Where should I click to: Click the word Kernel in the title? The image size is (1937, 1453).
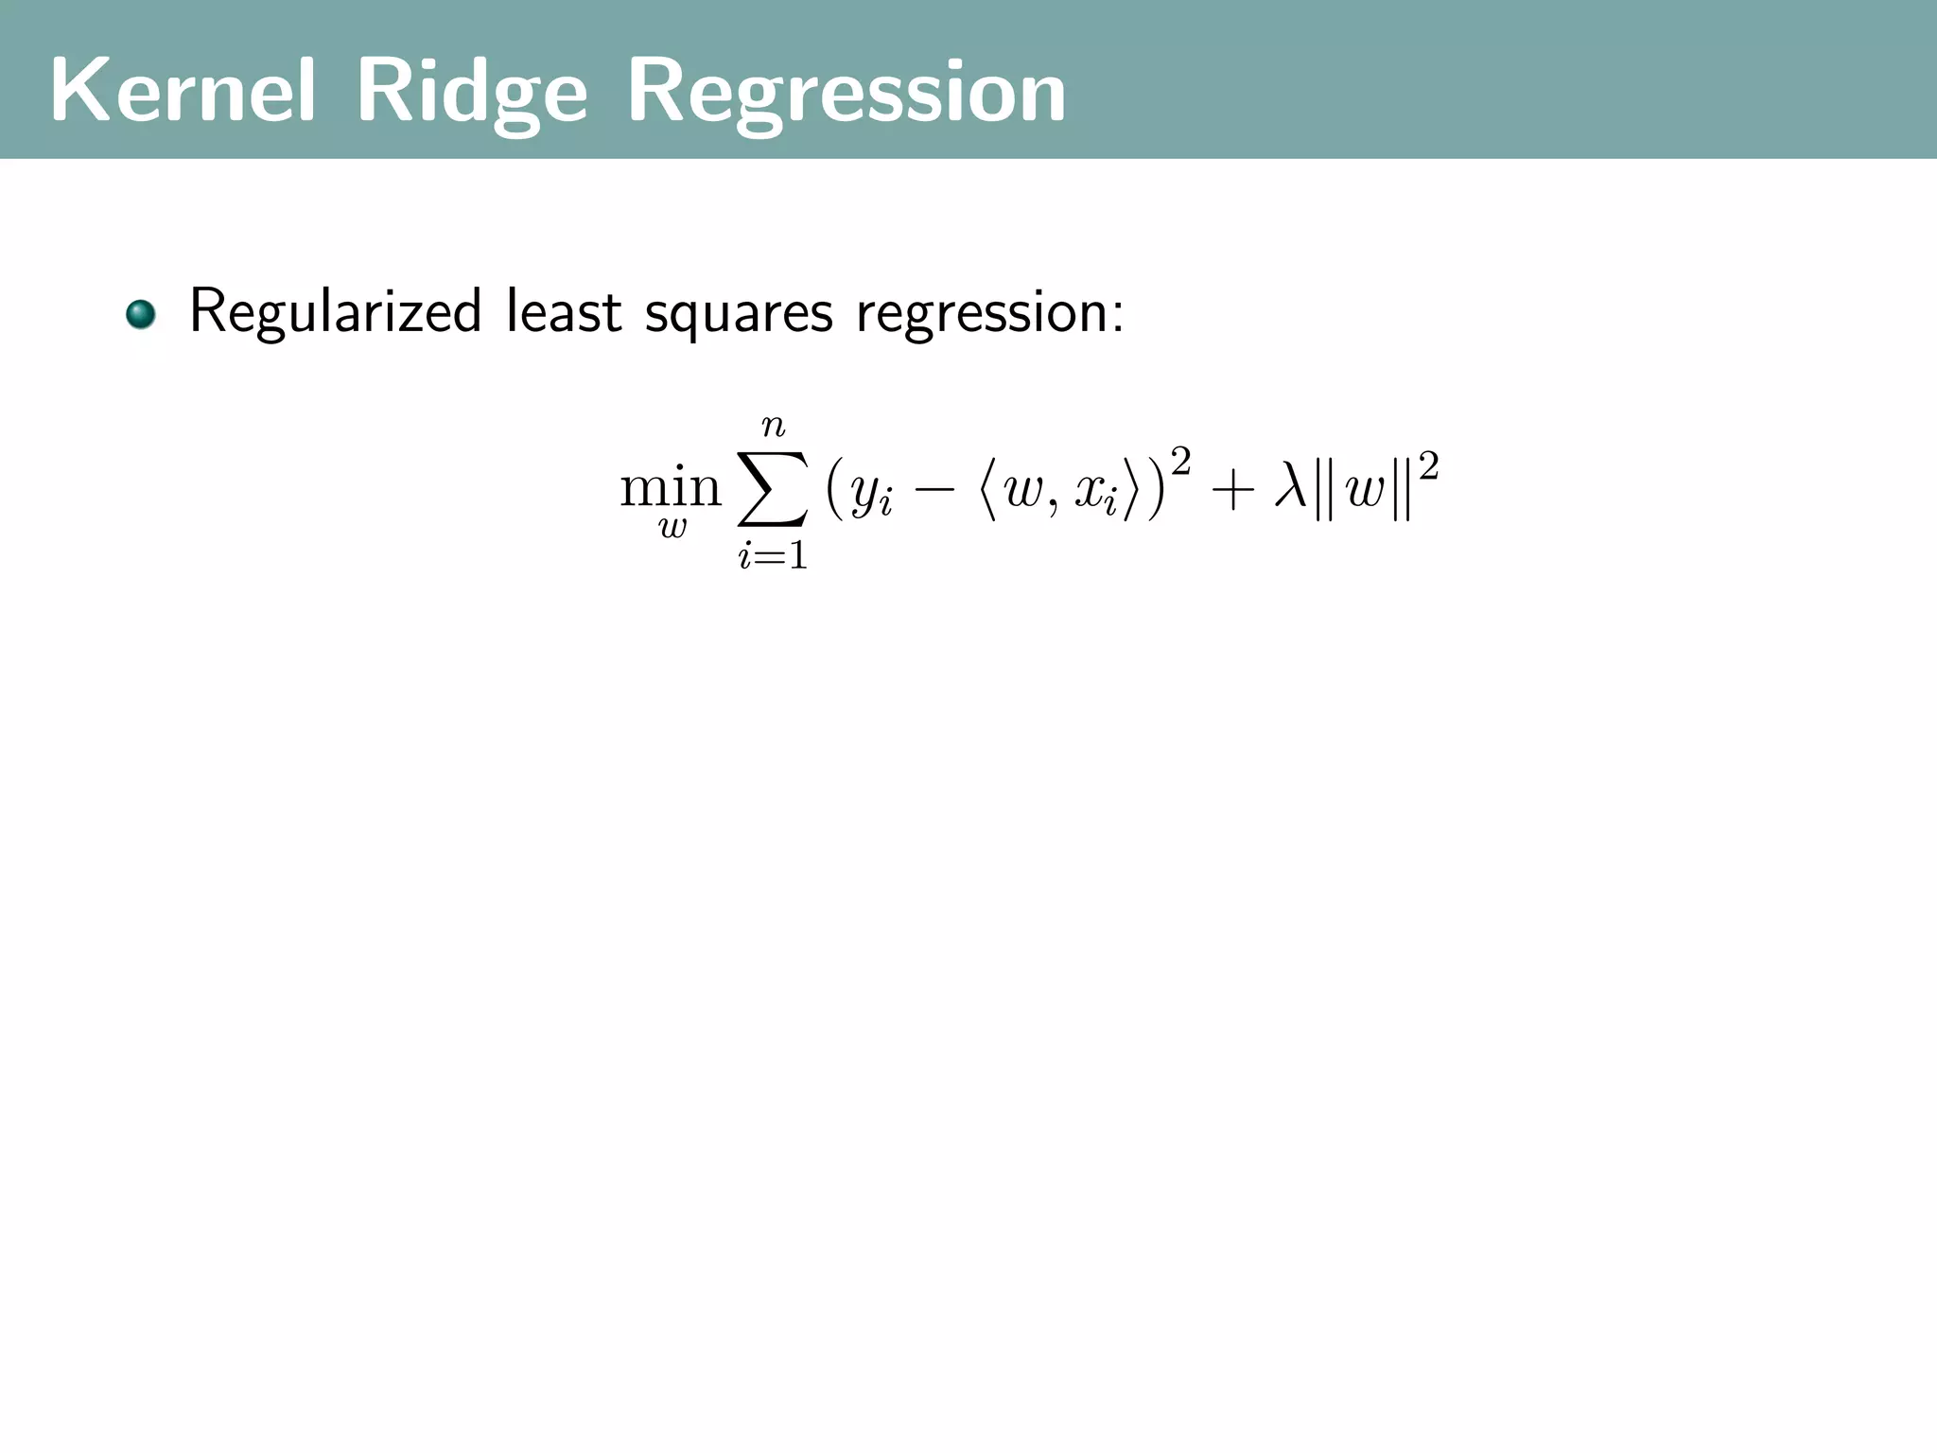pos(182,91)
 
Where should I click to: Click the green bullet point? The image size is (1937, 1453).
pos(141,314)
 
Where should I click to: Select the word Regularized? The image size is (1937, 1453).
pos(336,312)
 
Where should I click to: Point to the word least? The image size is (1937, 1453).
pos(564,312)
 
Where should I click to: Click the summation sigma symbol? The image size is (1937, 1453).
pos(773,489)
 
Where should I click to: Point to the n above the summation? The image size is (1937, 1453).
pos(774,428)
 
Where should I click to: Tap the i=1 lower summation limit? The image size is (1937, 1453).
pos(774,556)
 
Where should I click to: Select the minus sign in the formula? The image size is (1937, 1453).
pos(934,491)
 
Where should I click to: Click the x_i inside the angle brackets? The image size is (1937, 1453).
pos(1096,494)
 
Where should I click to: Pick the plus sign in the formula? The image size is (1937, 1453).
pos(1230,491)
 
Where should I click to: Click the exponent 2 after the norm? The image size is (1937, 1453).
pos(1428,465)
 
